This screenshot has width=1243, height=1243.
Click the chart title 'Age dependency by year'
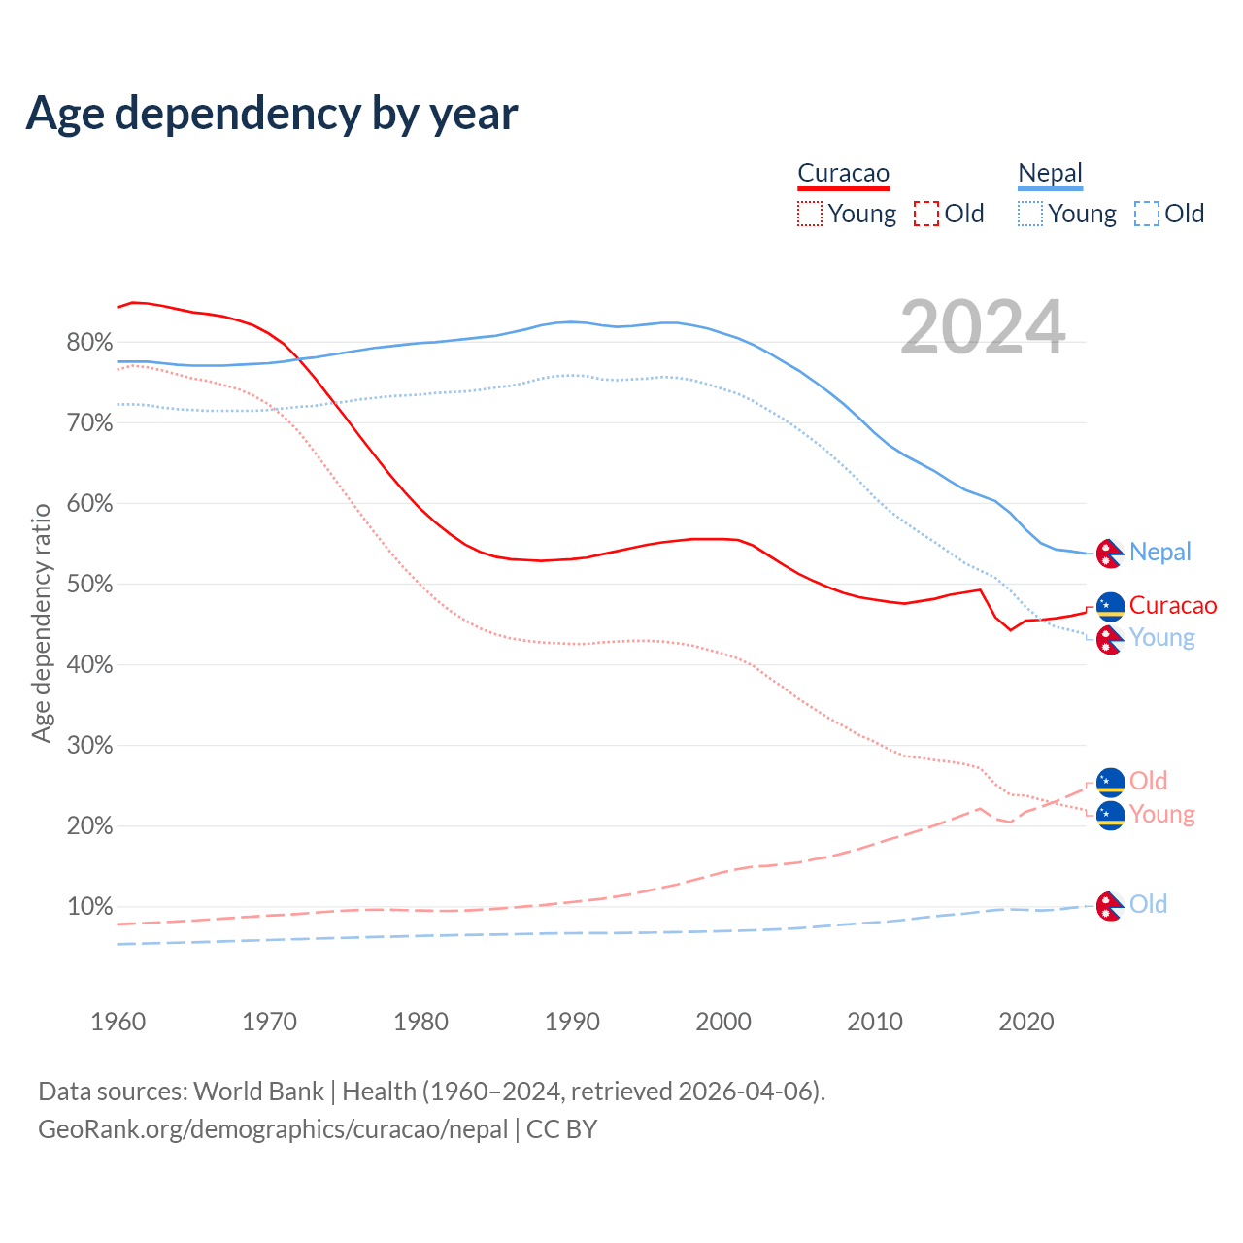point(272,113)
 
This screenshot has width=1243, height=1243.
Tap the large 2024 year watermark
point(983,327)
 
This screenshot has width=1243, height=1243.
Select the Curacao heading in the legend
point(843,174)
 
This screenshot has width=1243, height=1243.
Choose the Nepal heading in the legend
point(1050,174)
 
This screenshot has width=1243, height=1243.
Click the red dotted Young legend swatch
point(809,214)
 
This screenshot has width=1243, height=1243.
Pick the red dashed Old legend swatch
point(926,214)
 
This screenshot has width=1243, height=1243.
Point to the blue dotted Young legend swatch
point(1029,214)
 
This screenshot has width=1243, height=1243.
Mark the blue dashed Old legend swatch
point(1147,214)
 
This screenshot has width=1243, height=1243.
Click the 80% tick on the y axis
point(89,342)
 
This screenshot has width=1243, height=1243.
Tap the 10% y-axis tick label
point(89,907)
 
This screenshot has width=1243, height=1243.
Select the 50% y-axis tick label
point(89,585)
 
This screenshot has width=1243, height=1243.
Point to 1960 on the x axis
point(118,1022)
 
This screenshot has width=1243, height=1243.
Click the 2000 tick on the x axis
point(723,1022)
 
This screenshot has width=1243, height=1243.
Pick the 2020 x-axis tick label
point(1026,1022)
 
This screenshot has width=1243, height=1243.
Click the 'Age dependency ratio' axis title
point(41,622)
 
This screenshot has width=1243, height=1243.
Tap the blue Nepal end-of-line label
point(1159,553)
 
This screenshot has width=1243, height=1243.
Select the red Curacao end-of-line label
point(1172,606)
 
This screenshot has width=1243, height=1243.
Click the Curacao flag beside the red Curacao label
point(1110,607)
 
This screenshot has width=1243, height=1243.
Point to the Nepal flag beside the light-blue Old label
point(1110,906)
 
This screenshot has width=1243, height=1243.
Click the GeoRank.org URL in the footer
point(273,1129)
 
